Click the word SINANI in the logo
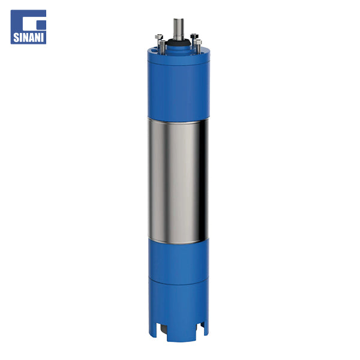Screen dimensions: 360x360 [28, 38]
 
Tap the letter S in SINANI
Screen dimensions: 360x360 [16, 38]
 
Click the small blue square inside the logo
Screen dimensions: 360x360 [41, 25]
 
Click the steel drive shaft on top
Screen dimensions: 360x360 [178, 29]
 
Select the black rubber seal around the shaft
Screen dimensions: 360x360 [179, 43]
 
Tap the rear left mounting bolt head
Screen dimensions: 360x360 [159, 37]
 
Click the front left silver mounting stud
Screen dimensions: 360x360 [162, 47]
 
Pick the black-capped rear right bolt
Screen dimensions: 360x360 [194, 36]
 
